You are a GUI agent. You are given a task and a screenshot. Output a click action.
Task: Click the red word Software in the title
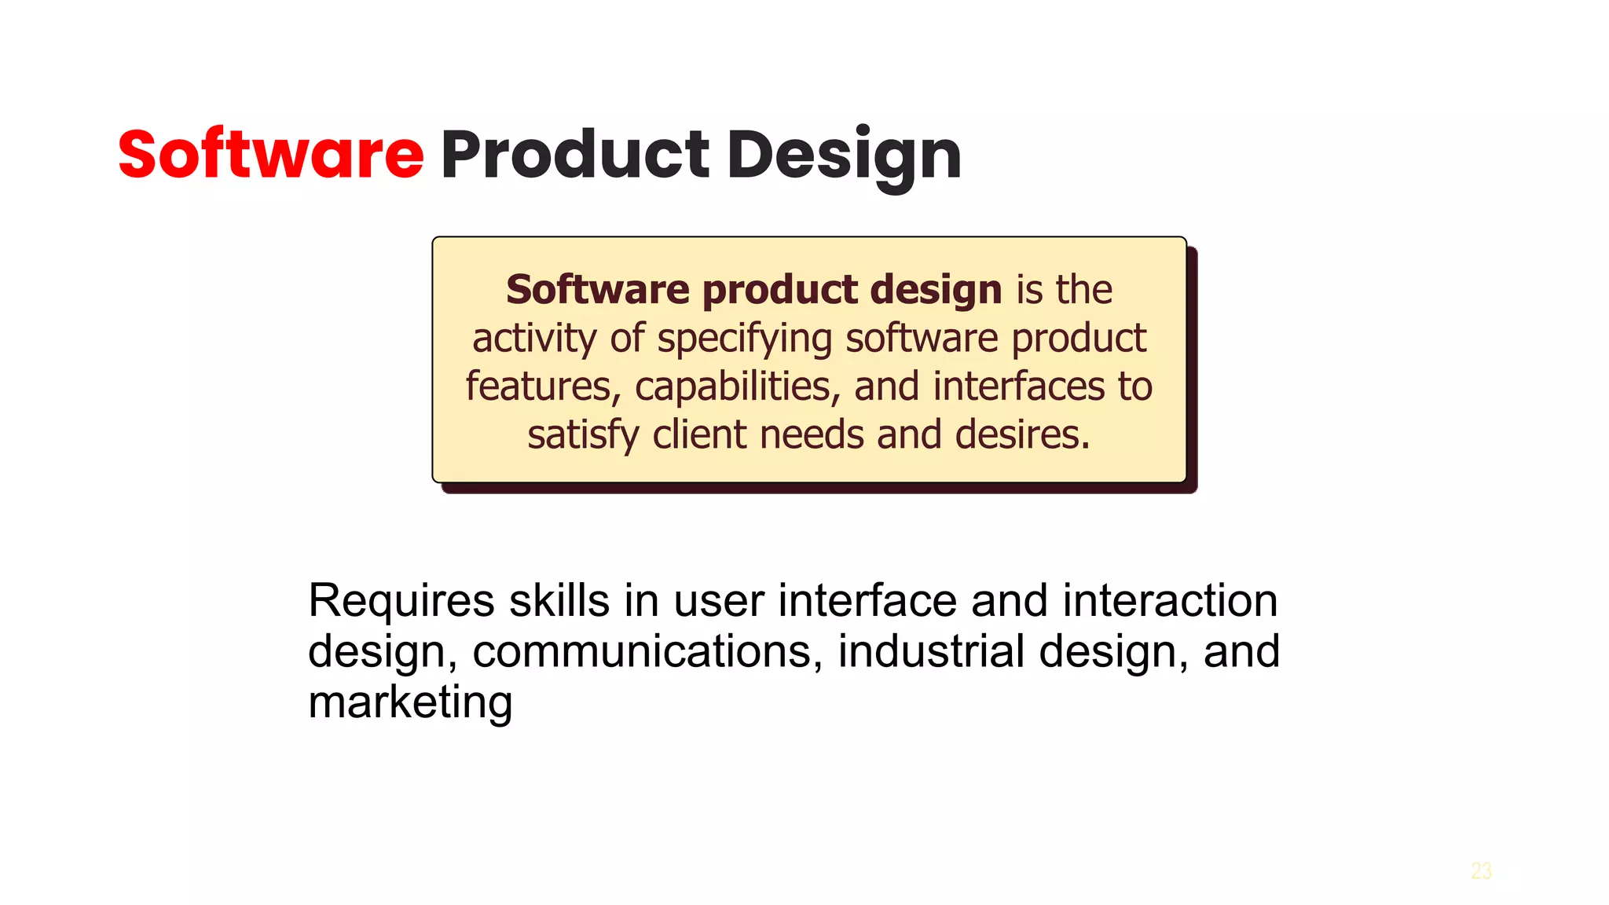271,154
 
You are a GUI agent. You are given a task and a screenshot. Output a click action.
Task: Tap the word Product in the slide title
575,154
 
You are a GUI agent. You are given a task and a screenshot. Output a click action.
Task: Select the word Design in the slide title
844,156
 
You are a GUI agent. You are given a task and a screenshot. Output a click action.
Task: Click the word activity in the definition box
534,339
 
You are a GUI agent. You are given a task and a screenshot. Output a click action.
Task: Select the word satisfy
583,435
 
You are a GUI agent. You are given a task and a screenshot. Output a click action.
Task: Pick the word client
699,434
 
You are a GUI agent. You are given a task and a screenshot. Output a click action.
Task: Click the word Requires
401,602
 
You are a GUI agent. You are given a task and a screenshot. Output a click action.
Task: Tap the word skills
559,601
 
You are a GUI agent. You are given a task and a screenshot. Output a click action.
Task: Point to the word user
719,602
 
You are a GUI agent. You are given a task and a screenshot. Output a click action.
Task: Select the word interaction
1170,601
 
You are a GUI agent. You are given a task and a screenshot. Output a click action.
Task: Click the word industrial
931,651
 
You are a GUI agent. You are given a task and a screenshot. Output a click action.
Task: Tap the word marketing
410,702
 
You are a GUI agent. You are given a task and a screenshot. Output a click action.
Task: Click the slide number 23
1481,870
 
